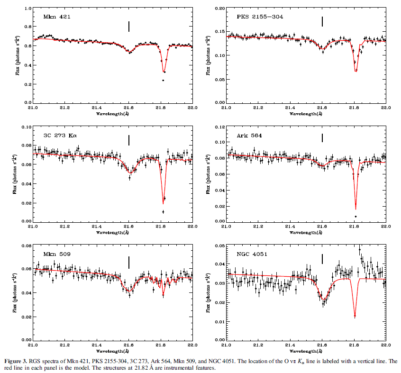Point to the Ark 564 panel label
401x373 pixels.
(x=250, y=136)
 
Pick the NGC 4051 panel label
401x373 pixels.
(x=252, y=255)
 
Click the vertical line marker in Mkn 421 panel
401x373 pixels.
(x=129, y=26)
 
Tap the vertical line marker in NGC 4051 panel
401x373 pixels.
(x=322, y=259)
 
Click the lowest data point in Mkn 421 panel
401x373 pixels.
(x=163, y=80)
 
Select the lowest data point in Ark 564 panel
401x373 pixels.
(x=355, y=217)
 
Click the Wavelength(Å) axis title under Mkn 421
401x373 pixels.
(x=112, y=114)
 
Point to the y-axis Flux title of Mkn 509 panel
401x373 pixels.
(x=18, y=292)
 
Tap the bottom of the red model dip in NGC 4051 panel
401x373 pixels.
(x=355, y=316)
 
